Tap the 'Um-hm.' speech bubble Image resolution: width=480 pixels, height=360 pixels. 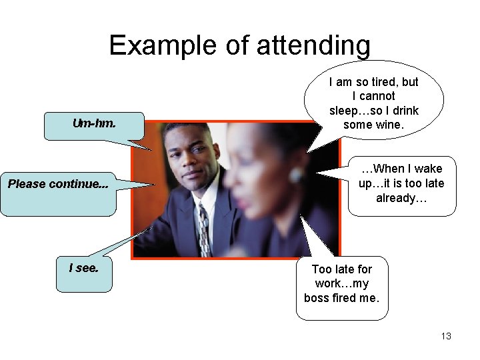tap(93, 125)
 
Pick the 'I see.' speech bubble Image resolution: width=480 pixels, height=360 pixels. tap(84, 273)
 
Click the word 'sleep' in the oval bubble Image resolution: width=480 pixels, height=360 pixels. tap(344, 110)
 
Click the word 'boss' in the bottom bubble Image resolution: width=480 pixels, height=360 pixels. tap(317, 298)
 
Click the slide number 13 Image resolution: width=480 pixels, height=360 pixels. tap(446, 336)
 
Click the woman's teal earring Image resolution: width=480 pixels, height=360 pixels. tap(296, 175)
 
